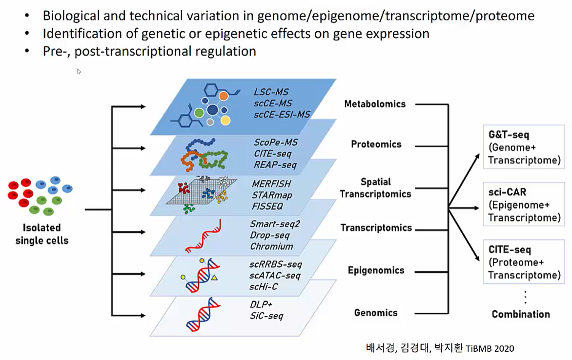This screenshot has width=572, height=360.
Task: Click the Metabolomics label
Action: pos(375,104)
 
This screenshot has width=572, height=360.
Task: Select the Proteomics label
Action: pos(376,144)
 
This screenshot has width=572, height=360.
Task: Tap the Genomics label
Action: pos(376,313)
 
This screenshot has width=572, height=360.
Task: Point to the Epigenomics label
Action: pos(376,270)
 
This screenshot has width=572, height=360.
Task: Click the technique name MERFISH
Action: pos(271,184)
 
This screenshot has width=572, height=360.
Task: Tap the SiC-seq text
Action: pos(266,316)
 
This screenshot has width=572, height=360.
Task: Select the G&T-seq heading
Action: pos(509,134)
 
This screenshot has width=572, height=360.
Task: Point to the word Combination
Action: pos(521,314)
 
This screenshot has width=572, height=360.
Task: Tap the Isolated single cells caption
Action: pos(41,233)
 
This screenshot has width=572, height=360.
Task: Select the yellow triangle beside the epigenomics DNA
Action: pos(214,278)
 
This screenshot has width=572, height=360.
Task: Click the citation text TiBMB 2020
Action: pos(490,348)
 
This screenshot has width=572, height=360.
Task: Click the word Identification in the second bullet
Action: pos(78,34)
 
